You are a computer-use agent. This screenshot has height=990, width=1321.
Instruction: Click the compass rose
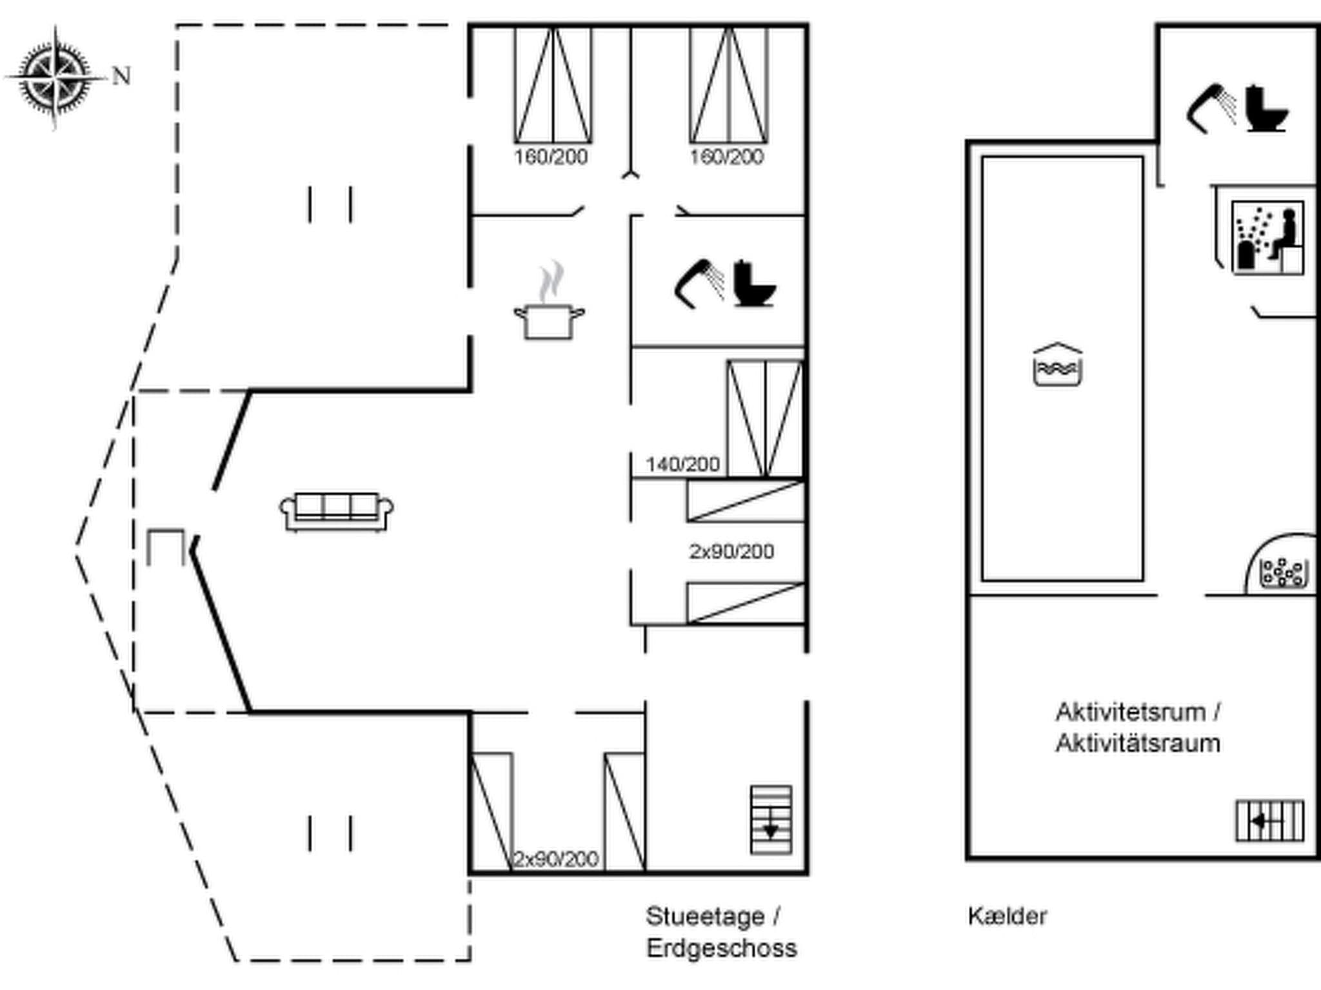[55, 78]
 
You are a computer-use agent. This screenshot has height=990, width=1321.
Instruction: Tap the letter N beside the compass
[121, 76]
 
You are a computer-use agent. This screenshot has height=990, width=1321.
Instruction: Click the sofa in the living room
[336, 511]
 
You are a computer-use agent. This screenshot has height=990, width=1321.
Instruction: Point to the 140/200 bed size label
[682, 464]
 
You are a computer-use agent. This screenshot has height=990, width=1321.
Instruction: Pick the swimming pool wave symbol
[1057, 366]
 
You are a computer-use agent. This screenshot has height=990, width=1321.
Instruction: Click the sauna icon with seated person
[1267, 238]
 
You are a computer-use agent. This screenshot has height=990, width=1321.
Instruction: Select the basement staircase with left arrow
[1269, 821]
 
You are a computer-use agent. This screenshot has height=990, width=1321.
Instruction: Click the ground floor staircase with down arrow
[771, 820]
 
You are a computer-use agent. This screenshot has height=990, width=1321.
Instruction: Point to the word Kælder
[1007, 916]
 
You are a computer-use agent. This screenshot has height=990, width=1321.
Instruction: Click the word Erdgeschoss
[721, 948]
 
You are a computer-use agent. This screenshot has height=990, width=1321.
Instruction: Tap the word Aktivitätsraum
[1138, 743]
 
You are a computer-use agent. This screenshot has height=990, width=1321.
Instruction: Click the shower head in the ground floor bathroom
[698, 284]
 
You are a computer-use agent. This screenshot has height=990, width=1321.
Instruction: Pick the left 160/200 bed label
[551, 157]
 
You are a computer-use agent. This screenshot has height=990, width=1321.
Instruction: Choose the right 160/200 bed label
[726, 157]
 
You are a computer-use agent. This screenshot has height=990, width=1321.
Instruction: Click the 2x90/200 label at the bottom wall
[556, 859]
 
